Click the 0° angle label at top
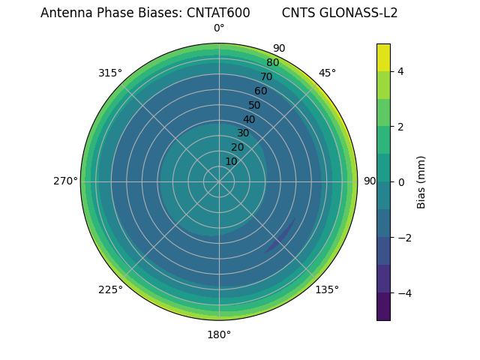[219, 28]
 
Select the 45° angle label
[327, 73]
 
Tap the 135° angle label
[327, 289]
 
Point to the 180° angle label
[219, 334]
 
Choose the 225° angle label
[110, 289]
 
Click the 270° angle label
[65, 181]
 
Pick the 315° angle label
[110, 73]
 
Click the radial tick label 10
[231, 161]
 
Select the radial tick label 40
[249, 119]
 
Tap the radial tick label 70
[266, 77]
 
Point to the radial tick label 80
[272, 63]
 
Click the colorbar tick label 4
[400, 71]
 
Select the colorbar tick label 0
[400, 182]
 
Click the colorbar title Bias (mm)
[421, 182]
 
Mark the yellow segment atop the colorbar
[383, 57]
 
